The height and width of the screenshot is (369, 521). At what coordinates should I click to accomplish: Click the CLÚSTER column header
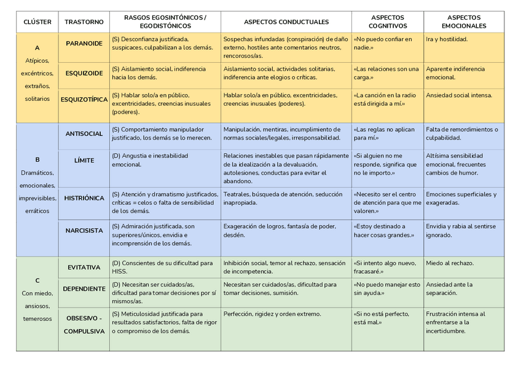click(37, 22)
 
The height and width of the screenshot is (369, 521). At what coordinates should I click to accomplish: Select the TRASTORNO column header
click(84, 22)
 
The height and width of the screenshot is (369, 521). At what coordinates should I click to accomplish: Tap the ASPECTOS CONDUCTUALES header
click(286, 22)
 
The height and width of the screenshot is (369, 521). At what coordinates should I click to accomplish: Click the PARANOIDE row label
click(84, 43)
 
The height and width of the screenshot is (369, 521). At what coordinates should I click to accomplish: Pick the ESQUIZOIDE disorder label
click(84, 73)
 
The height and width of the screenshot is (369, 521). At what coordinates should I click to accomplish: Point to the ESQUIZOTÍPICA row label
click(84, 99)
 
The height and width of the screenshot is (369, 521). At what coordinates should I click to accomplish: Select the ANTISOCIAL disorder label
click(84, 133)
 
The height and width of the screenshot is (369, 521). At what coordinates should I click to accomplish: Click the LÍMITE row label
click(84, 161)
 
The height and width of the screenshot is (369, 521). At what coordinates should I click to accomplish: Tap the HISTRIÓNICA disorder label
click(84, 198)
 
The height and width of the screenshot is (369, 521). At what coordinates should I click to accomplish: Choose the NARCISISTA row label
click(84, 231)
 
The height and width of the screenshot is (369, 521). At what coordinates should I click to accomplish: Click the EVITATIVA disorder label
click(84, 268)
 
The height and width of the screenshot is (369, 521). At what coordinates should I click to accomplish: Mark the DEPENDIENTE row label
click(84, 288)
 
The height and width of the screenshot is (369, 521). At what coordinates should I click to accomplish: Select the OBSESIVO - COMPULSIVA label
click(84, 325)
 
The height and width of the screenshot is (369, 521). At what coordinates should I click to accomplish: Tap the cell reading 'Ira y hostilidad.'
click(447, 39)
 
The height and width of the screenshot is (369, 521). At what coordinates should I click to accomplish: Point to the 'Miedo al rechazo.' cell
click(450, 263)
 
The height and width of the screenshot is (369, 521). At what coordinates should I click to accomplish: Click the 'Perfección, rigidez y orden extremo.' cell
click(272, 314)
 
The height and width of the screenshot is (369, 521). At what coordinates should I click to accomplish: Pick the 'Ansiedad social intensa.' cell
click(459, 95)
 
